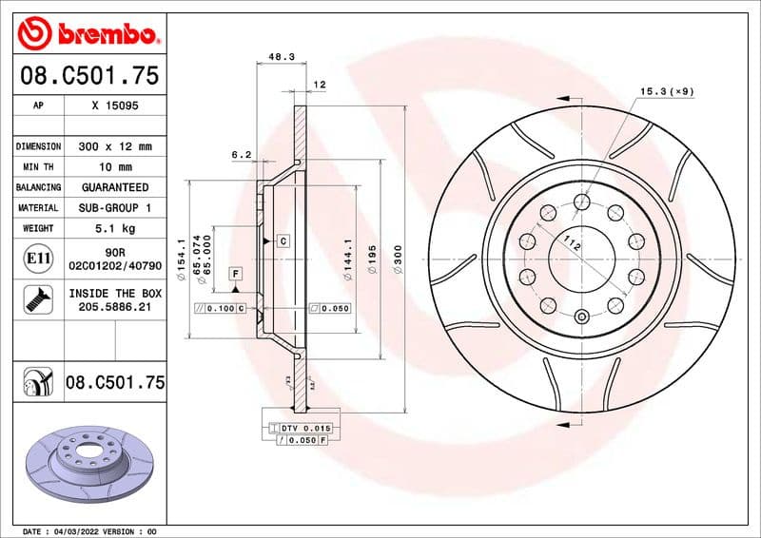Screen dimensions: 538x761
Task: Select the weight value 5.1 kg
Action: click(x=115, y=228)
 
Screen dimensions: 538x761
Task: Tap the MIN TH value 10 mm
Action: click(x=115, y=167)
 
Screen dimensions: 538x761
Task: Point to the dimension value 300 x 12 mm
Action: click(x=115, y=146)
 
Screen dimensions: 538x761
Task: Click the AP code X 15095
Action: click(x=115, y=106)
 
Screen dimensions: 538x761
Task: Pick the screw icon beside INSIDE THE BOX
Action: click(x=32, y=300)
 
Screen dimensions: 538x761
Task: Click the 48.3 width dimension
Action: click(x=280, y=57)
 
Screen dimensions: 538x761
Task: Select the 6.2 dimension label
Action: click(x=241, y=154)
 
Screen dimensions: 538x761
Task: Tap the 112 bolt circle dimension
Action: click(x=572, y=244)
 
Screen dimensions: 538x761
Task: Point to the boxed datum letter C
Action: click(x=283, y=241)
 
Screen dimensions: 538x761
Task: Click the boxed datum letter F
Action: click(x=234, y=274)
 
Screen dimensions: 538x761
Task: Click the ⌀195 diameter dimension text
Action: click(x=373, y=258)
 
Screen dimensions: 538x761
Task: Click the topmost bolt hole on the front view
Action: click(x=581, y=201)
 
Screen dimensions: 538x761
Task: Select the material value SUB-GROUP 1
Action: click(x=115, y=207)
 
